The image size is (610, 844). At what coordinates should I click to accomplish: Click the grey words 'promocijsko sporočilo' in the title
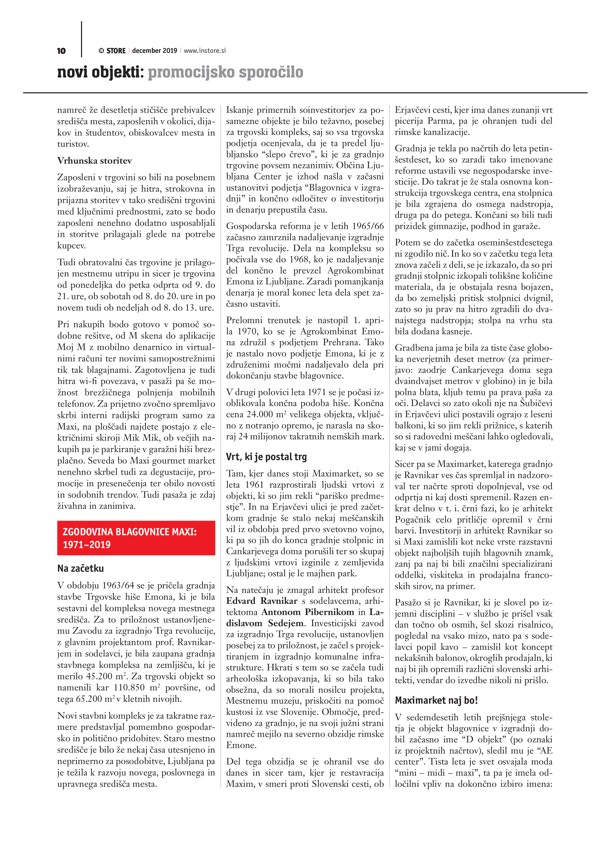tap(225, 72)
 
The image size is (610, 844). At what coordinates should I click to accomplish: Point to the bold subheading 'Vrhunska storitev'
tap(95, 161)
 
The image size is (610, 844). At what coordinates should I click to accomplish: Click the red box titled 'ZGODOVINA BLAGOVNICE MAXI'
tap(136, 538)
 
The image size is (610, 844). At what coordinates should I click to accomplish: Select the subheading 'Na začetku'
tap(80, 568)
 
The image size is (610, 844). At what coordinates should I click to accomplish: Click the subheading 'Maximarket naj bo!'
tap(436, 700)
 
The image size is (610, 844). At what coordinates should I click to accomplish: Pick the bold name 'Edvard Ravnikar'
tap(262, 601)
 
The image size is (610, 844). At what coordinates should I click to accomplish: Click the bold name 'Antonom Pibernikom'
tap(308, 612)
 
